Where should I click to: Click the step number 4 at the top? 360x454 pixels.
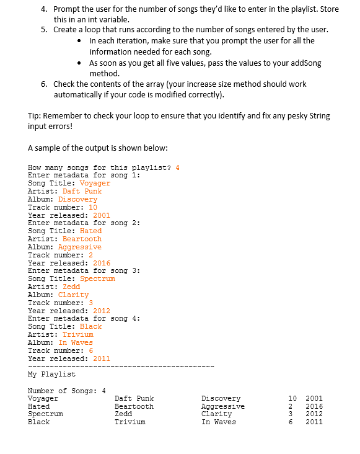coord(43,9)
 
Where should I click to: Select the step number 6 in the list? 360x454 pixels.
coord(43,84)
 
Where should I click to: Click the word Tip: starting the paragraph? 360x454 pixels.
coord(34,116)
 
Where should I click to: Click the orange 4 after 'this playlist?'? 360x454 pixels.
coord(177,167)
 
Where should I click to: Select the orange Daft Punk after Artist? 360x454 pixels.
coord(82,191)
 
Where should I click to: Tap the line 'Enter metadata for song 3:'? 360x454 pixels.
coord(84,271)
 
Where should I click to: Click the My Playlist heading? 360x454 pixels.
coord(51,374)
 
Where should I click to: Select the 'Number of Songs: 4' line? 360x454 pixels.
coord(66,391)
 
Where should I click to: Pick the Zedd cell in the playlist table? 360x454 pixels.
coord(123,414)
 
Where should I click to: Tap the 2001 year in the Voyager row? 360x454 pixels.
coord(314,398)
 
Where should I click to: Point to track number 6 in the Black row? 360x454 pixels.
coord(291,422)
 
